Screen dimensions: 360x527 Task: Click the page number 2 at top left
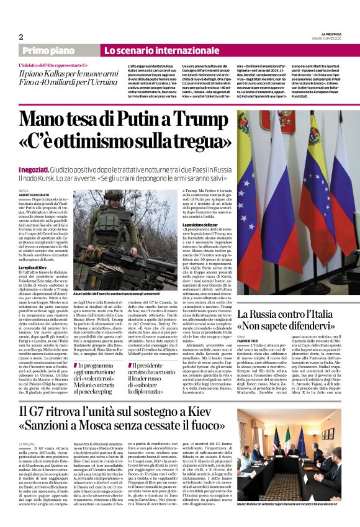click(x=21, y=37)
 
